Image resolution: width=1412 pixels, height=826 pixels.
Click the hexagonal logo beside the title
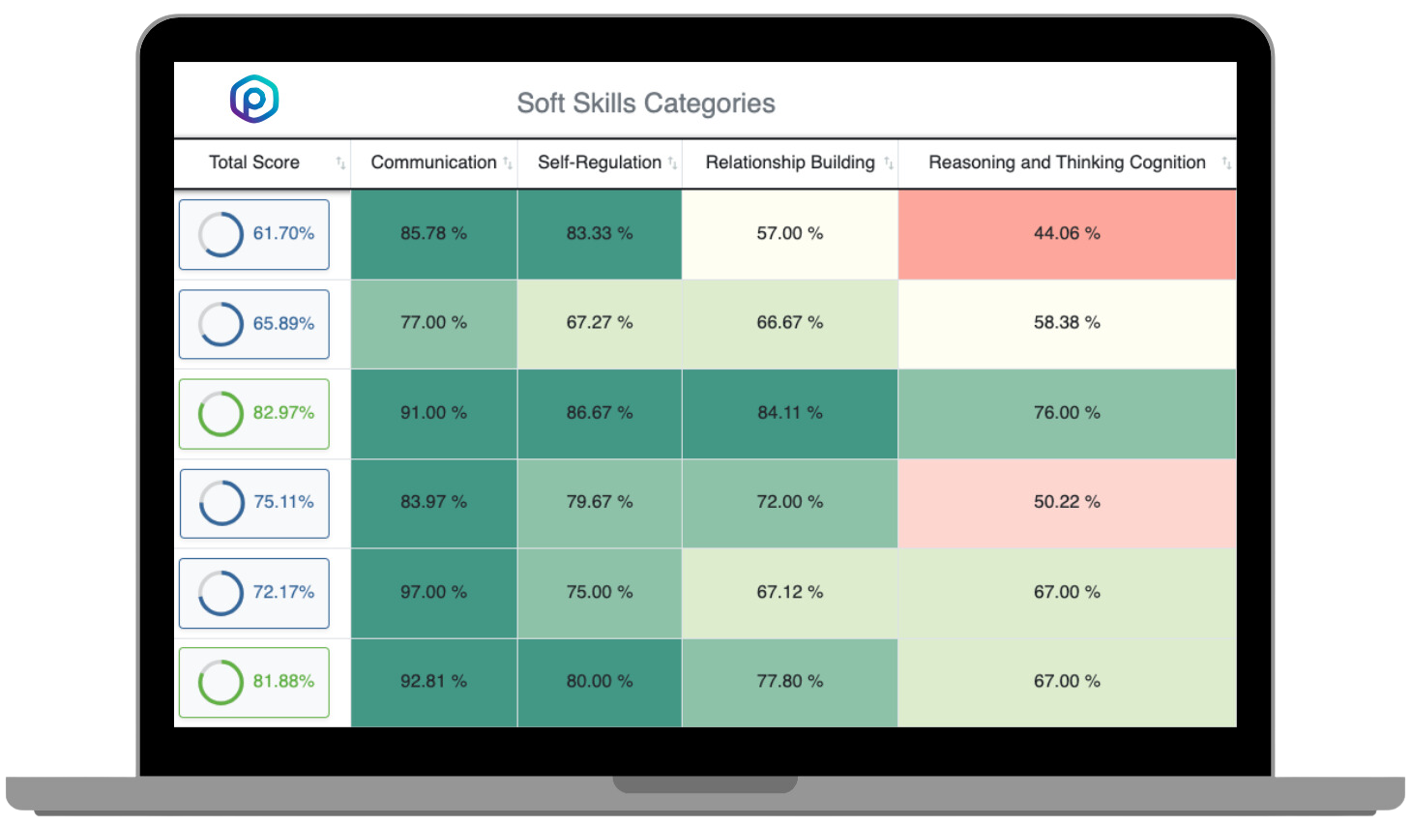click(254, 99)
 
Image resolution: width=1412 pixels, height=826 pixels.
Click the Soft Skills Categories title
click(646, 103)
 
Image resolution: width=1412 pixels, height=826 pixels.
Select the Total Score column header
click(254, 162)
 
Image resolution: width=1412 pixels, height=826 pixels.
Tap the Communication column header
click(433, 162)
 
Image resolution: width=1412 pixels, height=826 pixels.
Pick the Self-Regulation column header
click(600, 162)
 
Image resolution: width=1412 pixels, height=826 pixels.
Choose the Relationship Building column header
click(790, 162)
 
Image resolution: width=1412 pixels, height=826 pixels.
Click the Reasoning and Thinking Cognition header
click(1067, 162)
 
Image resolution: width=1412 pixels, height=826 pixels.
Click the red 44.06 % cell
click(1067, 233)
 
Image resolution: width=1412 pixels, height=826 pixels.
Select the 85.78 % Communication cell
click(433, 233)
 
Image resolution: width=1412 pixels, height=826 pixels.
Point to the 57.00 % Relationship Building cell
click(790, 233)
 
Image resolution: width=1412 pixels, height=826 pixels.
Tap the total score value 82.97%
click(283, 413)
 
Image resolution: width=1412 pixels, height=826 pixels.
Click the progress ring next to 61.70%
click(221, 234)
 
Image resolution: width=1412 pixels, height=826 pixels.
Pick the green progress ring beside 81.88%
click(221, 682)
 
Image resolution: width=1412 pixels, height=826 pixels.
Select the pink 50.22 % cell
click(1067, 502)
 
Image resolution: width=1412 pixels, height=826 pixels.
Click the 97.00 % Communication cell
click(433, 592)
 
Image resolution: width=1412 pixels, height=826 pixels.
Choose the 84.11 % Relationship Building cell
click(790, 413)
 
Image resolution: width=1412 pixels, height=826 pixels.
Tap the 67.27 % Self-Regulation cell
click(600, 323)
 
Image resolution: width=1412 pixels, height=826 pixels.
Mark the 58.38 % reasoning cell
click(1067, 323)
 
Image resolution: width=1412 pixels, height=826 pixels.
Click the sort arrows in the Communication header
click(508, 163)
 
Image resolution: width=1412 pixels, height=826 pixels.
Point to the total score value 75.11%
click(283, 502)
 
